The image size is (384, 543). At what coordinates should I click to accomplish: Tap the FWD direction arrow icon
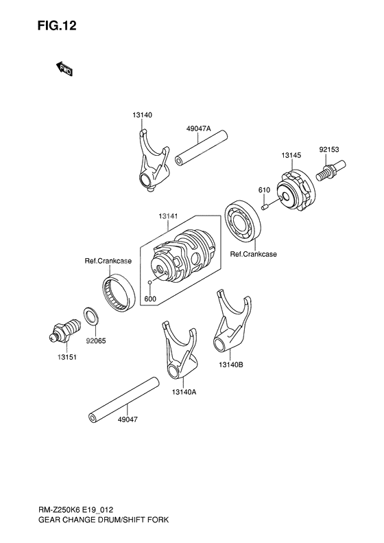[x=65, y=69]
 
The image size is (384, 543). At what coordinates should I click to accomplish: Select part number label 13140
[x=143, y=115]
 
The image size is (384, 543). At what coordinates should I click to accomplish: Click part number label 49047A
[x=198, y=128]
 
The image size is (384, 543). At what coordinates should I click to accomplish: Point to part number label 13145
[x=291, y=156]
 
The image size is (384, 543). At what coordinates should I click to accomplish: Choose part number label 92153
[x=329, y=148]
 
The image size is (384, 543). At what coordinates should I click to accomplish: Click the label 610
[x=263, y=189]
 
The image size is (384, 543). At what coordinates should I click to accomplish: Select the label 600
[x=150, y=299]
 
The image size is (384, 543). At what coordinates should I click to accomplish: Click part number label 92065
[x=96, y=338]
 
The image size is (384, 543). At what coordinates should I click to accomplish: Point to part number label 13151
[x=67, y=357]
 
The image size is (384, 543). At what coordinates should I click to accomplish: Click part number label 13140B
[x=231, y=365]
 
